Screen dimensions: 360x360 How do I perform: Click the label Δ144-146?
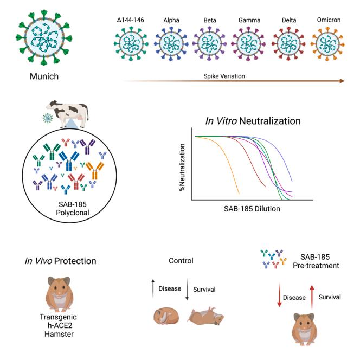click(131, 21)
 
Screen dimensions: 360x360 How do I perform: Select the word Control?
click(181, 261)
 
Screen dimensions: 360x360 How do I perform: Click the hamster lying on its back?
click(205, 317)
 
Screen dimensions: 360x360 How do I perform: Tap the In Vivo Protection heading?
click(60, 261)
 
